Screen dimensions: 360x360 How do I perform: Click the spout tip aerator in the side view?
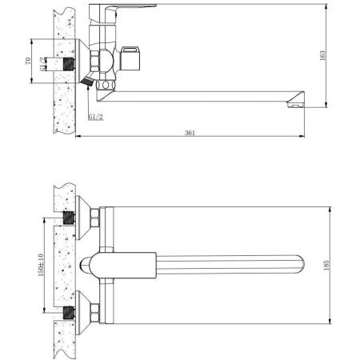tap(297, 101)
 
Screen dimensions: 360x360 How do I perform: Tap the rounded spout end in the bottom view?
tap(301, 265)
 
